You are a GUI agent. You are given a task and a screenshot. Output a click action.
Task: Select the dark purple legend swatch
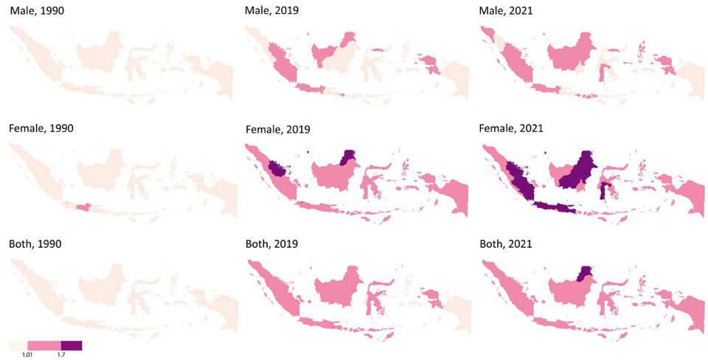click(72, 345)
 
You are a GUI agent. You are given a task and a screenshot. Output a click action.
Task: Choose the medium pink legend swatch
click(44, 345)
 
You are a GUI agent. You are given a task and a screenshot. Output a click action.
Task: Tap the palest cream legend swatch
click(18, 345)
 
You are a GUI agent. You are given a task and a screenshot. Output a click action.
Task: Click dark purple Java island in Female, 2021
click(553, 207)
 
